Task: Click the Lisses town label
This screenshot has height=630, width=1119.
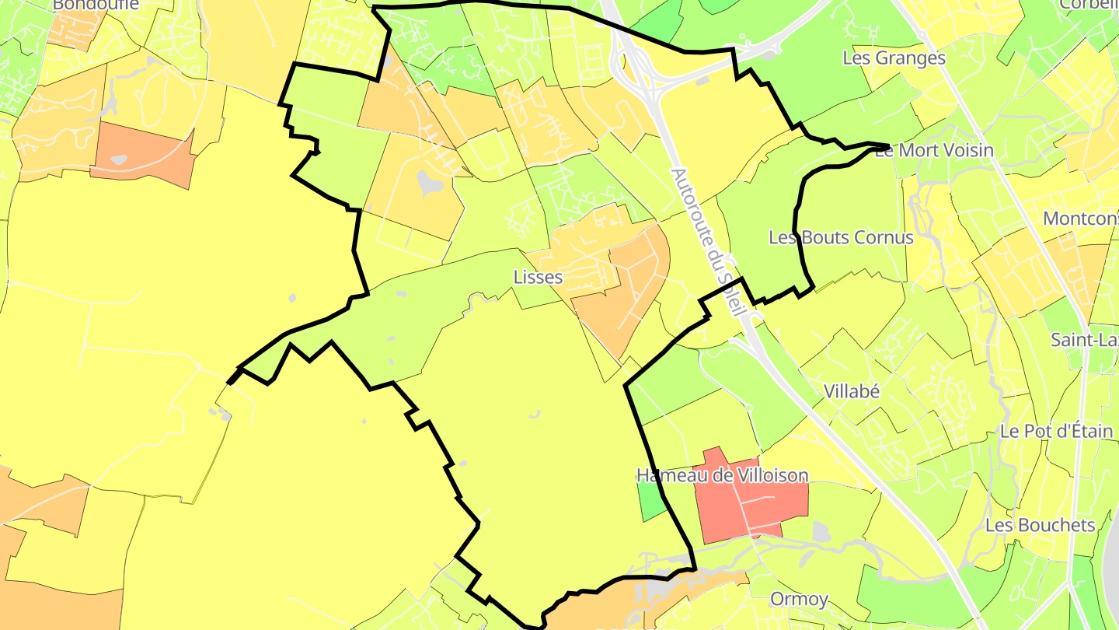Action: click(x=538, y=277)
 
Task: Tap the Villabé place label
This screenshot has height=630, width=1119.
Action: click(x=852, y=391)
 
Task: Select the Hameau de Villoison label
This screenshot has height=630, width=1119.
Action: click(x=722, y=475)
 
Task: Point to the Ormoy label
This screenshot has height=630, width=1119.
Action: click(x=798, y=599)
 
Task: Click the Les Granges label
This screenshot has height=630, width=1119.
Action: click(x=894, y=58)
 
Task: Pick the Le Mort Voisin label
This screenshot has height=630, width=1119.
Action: click(x=934, y=150)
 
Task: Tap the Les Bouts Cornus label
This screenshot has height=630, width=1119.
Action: click(x=841, y=237)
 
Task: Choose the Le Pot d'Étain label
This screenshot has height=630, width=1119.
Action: click(x=1057, y=431)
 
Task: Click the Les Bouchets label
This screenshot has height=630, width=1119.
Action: click(x=1040, y=525)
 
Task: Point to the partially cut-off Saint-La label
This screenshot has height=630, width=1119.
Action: click(x=1084, y=340)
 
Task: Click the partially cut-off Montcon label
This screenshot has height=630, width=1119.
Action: click(x=1080, y=218)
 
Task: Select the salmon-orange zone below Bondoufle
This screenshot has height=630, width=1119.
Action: click(x=144, y=154)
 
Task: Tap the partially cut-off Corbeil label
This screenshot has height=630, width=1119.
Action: click(x=1092, y=5)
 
